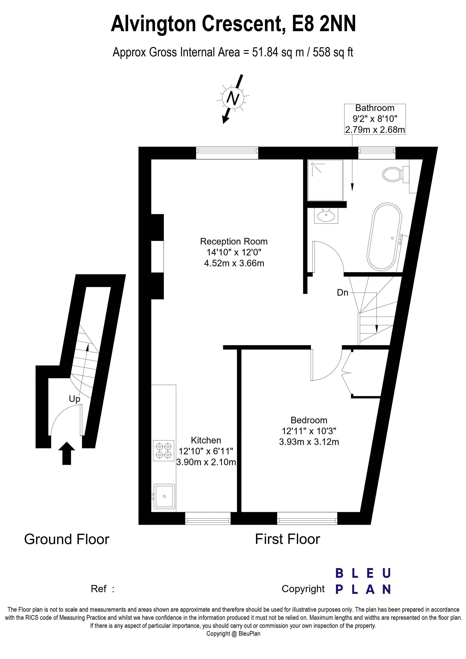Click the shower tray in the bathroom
point(325,180)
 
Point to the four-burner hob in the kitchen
point(163,451)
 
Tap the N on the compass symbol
point(233,98)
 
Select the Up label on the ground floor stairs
point(74,399)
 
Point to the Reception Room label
point(234,241)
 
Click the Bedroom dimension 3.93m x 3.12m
point(309,442)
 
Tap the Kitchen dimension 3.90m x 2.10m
point(206,462)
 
